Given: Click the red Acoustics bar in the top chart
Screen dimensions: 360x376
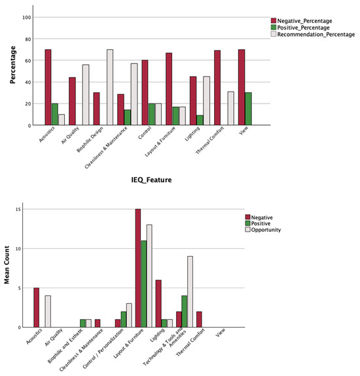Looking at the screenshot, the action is coord(48,87).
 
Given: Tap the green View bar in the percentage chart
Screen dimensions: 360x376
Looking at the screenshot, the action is coord(248,109).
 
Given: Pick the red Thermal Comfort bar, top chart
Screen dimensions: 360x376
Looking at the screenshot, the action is coord(217,88).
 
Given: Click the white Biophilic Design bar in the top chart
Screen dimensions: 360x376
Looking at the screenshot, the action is coord(86,95).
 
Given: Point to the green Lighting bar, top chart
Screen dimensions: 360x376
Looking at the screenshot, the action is coord(200,120).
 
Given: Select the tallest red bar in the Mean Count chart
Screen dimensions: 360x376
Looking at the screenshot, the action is coord(138,268).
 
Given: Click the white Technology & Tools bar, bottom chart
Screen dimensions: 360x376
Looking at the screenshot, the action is coord(190,292).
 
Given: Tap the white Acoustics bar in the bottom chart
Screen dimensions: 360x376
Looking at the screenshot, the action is coord(48,312).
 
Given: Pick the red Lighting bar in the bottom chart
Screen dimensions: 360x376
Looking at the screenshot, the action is coord(158,303).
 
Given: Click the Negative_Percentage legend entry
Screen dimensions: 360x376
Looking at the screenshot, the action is coord(302,21).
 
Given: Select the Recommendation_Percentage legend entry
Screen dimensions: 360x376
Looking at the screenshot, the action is coord(313,34).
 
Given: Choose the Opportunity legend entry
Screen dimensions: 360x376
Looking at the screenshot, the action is coord(263,230).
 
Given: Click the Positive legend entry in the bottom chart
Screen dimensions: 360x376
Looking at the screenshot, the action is coord(258,223).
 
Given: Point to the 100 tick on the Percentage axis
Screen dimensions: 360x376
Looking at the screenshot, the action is coord(27,18).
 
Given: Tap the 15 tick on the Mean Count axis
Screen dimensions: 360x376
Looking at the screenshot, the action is coord(18,210).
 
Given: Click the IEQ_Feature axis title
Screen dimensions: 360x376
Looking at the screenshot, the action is coord(151,180).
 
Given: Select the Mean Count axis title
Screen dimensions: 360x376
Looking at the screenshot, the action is coord(7,265).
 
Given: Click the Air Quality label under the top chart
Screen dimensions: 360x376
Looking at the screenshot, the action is coord(70,136).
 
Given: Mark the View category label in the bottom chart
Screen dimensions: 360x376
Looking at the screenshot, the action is coord(221,332).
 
